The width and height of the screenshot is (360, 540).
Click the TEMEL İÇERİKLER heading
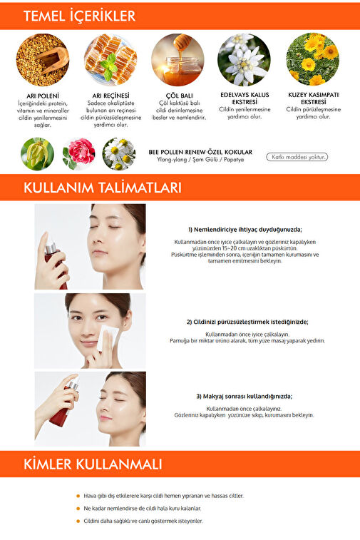[80, 16]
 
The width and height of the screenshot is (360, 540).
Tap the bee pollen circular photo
[43, 60]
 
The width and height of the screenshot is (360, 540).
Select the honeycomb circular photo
[110, 60]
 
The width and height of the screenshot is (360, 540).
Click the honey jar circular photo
[178, 60]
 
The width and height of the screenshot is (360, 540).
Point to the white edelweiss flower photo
[244, 60]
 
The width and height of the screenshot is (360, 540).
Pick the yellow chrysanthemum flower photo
[312, 59]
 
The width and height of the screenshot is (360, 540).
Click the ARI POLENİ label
[43, 96]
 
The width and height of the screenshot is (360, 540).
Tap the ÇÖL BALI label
[180, 96]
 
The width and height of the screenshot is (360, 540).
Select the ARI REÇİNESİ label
[110, 96]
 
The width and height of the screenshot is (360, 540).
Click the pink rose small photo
[79, 154]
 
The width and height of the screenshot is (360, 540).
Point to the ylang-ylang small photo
[37, 154]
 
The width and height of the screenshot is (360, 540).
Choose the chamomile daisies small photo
[119, 154]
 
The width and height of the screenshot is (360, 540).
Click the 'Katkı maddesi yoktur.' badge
[297, 157]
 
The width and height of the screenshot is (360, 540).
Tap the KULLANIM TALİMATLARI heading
[102, 188]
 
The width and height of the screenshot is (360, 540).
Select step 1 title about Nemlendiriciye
[245, 230]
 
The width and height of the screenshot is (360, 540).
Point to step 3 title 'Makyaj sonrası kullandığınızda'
[245, 397]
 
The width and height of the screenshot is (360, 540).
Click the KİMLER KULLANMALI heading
[93, 464]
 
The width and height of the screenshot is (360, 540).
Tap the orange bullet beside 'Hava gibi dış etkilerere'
[78, 496]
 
